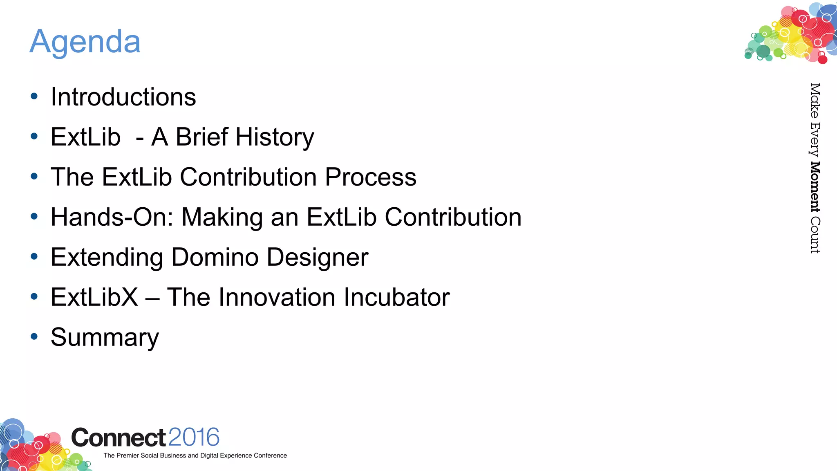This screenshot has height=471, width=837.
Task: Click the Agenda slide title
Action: click(x=85, y=42)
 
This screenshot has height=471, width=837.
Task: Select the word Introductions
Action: click(x=123, y=97)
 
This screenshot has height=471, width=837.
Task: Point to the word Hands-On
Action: click(x=109, y=217)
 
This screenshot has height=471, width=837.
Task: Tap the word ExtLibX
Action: click(x=94, y=297)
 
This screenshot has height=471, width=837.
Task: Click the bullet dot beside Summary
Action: click(x=34, y=337)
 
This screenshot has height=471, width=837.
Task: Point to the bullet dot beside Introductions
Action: click(x=34, y=96)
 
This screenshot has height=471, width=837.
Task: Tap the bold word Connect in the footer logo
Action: click(x=119, y=438)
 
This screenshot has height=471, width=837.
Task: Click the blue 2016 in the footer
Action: click(x=194, y=437)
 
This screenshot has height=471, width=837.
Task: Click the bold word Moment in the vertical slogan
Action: click(x=815, y=187)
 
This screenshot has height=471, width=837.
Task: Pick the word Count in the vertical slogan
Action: click(x=815, y=235)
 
